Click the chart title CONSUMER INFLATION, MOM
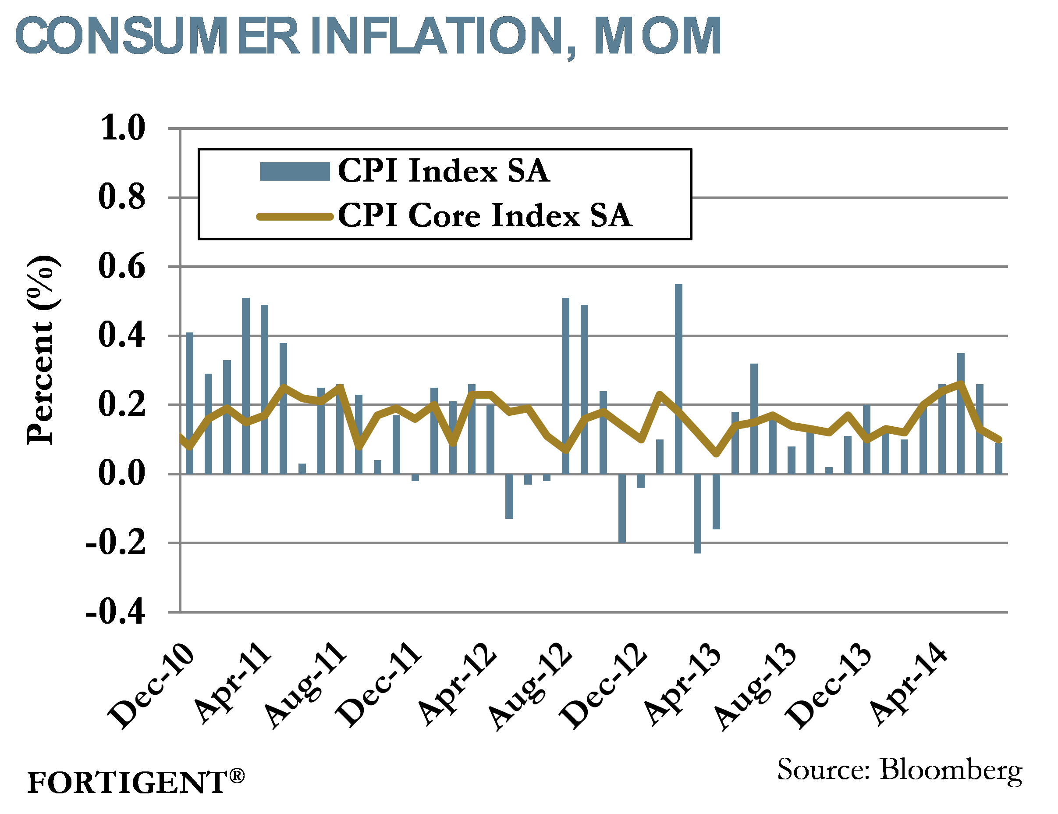[368, 36]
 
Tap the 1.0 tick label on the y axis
[122, 129]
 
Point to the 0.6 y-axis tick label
[122, 266]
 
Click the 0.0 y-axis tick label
[122, 473]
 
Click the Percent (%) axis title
[43, 349]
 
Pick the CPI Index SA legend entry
[443, 171]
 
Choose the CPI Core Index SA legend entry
[484, 215]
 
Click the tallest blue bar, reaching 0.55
[678, 378]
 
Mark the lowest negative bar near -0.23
[697, 514]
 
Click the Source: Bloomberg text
[899, 769]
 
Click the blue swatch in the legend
[295, 171]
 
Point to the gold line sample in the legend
[295, 216]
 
